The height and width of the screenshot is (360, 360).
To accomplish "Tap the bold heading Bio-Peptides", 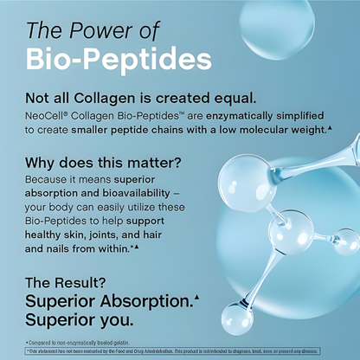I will (118, 59).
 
